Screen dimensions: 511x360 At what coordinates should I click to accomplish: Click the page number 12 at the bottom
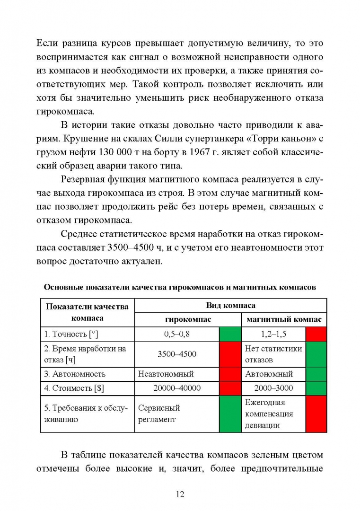pos(180,494)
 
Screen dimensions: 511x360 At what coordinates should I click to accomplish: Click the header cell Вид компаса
pos(230,306)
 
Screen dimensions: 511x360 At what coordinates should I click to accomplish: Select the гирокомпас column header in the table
pos(188,319)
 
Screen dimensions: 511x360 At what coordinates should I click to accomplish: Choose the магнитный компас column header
pos(284,319)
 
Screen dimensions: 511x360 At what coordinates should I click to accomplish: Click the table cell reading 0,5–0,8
pos(177,334)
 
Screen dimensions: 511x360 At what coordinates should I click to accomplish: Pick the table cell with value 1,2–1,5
pos(273,334)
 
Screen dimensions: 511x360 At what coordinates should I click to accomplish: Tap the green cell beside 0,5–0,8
pos(230,334)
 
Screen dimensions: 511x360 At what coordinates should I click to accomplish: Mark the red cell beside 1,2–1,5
pos(316,334)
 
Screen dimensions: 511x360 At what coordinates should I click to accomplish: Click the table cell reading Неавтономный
pos(166,374)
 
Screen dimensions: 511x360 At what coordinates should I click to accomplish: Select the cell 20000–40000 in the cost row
pos(177,388)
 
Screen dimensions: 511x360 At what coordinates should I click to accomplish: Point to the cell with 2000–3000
pos(273,388)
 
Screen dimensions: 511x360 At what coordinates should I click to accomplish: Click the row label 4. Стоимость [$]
pos(74,388)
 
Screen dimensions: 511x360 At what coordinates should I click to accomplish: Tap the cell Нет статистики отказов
pos(273,354)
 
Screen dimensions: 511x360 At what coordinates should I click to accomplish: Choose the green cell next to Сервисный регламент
pos(230,414)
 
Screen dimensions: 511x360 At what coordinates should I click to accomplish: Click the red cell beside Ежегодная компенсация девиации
pos(316,414)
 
